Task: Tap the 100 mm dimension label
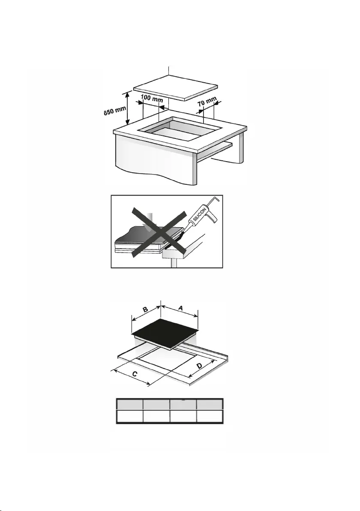click(152, 98)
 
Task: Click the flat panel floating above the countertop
click(175, 87)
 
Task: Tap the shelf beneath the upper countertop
click(213, 151)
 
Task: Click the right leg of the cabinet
click(241, 148)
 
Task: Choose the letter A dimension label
click(180, 307)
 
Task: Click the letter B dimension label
click(146, 309)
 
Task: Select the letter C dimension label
click(134, 374)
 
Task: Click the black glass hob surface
click(165, 332)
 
